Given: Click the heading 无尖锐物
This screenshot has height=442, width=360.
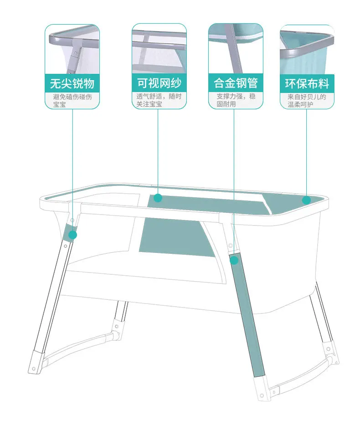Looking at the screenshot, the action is click(72, 83).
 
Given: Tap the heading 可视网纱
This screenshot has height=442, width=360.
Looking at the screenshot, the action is click(159, 83).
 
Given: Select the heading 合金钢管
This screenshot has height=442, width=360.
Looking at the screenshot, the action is click(236, 83).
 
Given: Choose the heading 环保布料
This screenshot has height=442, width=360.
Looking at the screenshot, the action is click(307, 83).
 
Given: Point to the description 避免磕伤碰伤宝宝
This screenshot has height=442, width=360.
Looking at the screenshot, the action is click(72, 101).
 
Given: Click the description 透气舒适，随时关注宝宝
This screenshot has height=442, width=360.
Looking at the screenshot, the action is click(159, 100).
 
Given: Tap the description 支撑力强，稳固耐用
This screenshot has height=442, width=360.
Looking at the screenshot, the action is click(236, 100).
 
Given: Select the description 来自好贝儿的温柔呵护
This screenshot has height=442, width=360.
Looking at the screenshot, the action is click(307, 101).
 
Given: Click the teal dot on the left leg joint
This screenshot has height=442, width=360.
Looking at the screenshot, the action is click(73, 235).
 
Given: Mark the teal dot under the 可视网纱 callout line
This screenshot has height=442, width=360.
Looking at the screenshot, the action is click(158, 198).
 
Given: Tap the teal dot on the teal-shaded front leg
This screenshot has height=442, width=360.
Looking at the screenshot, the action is click(234, 261).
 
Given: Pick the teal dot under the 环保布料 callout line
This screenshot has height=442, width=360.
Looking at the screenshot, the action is click(306, 200).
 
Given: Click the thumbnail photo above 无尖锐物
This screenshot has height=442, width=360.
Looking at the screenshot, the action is click(72, 49).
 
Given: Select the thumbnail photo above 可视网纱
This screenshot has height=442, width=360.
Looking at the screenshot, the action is click(159, 49).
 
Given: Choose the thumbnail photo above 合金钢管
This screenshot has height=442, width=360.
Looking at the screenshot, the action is click(236, 49).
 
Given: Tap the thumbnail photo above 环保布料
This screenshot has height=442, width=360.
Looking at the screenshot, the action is click(307, 50).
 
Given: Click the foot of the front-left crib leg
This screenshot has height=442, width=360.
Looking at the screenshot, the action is click(35, 363).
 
